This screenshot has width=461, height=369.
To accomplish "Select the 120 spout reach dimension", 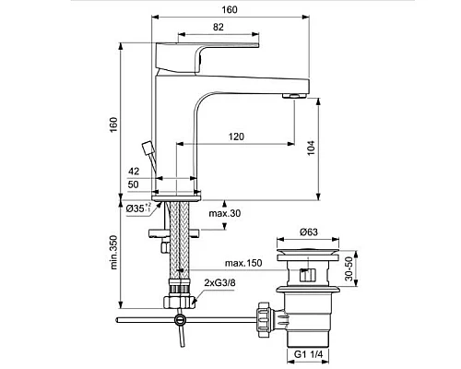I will coord(237,136).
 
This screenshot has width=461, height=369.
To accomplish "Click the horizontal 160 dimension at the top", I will coord(230,9).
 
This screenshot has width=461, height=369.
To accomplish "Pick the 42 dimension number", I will coord(134,172).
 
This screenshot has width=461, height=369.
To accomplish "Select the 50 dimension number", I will coord(134,184).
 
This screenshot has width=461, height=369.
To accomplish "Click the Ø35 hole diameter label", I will coord(138,208).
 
